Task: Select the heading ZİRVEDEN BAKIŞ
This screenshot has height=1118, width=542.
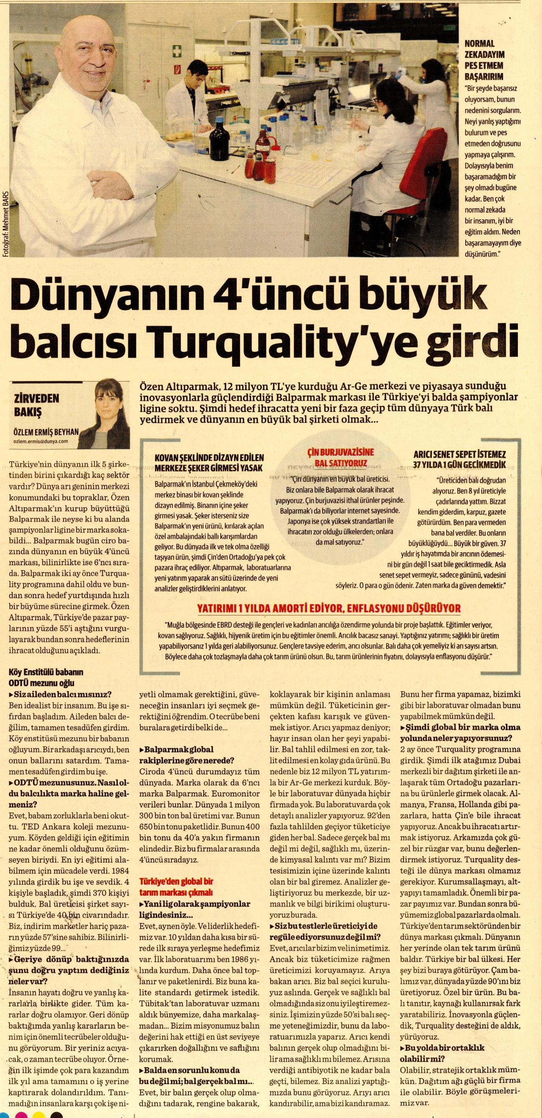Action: [x=36, y=404]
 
